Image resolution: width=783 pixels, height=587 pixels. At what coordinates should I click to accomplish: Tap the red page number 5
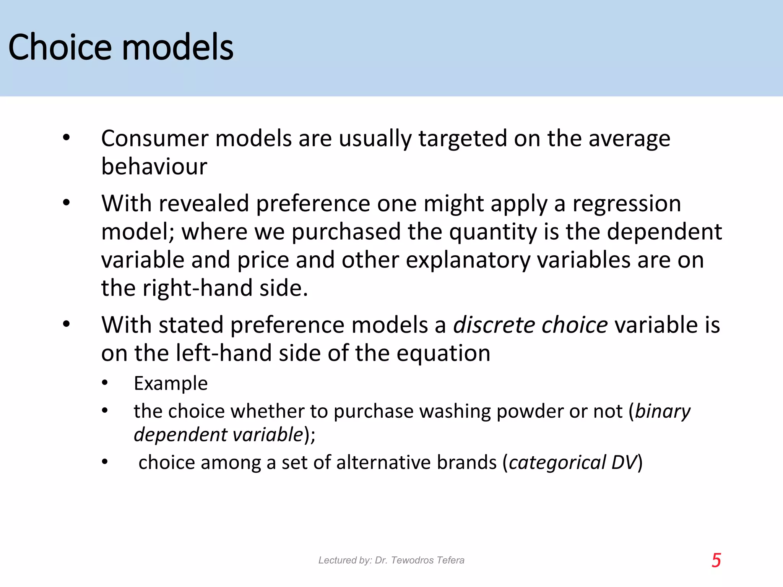[716, 560]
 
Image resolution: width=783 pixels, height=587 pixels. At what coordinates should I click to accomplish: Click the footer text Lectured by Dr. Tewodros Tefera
[391, 560]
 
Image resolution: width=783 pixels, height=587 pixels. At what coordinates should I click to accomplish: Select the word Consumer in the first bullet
[154, 138]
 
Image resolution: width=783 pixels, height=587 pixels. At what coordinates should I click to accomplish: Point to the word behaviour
[154, 167]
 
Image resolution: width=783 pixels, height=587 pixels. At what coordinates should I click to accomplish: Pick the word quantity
[493, 232]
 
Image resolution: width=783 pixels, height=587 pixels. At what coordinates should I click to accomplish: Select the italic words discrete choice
[530, 325]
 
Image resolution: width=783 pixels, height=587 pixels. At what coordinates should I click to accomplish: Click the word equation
[443, 353]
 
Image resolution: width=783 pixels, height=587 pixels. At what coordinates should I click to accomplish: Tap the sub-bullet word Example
[171, 383]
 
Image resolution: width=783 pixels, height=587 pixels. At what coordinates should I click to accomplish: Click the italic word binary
[663, 411]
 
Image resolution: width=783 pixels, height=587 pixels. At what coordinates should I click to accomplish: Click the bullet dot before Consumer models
[67, 138]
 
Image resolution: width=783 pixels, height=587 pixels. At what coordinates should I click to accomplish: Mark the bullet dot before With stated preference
[67, 324]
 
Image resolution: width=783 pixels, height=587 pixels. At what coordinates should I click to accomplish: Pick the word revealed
[204, 203]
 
